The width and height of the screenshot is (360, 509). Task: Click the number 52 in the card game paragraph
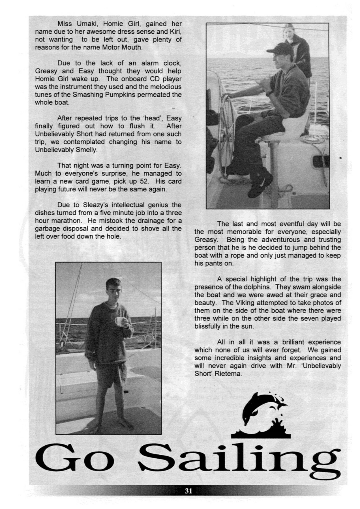coord(149,181)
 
